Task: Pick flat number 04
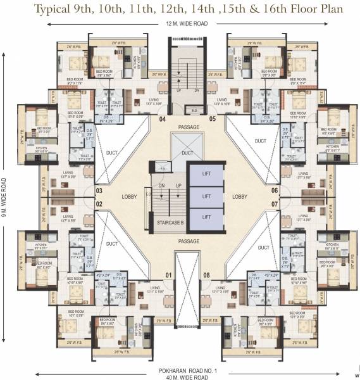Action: coord(162,118)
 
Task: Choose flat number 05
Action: coord(213,118)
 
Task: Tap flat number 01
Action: coord(168,275)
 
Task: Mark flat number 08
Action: coord(206,275)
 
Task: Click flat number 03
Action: coord(99,190)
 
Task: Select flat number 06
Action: coord(275,190)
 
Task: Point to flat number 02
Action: coord(99,204)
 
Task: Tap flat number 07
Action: coord(275,204)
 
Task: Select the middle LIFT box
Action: coord(206,197)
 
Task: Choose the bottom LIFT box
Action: coord(206,217)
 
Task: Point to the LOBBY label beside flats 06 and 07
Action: coord(241,197)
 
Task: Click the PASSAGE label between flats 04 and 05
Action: coord(188,127)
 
